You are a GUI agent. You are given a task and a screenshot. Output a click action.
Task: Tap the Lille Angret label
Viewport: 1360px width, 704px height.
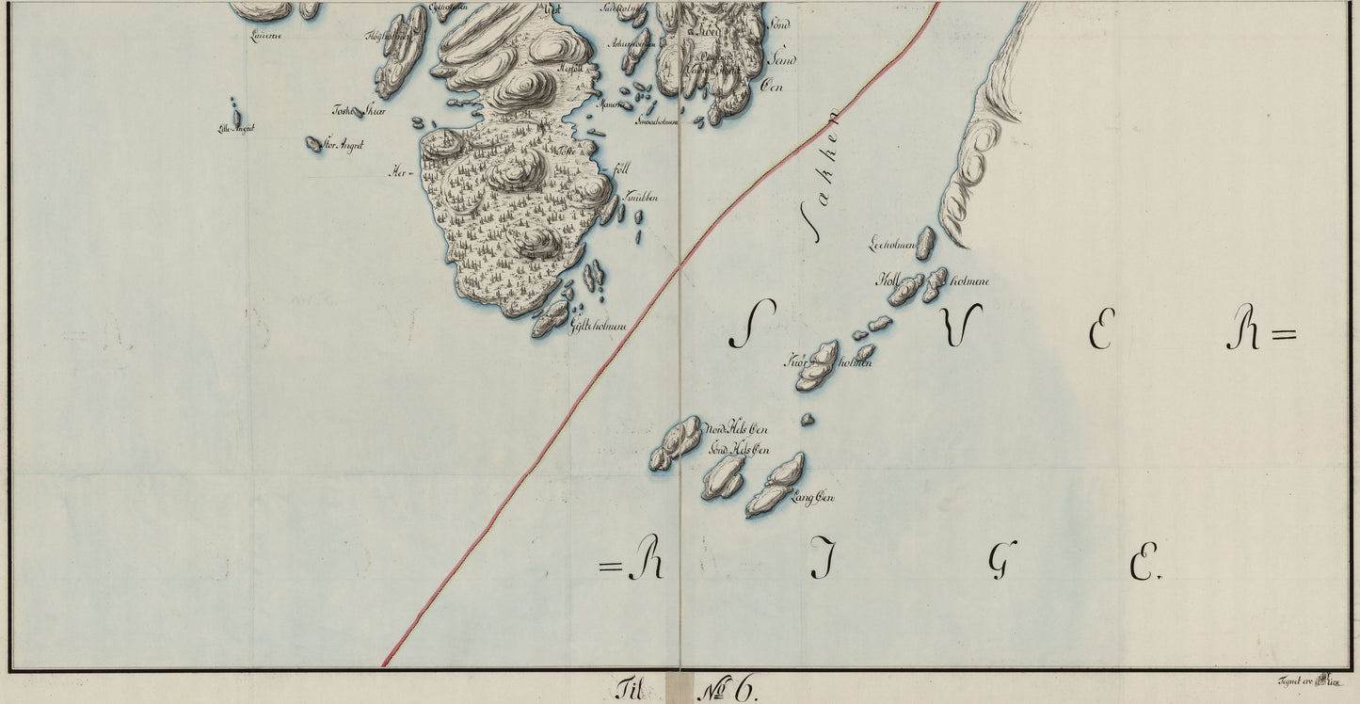tap(236, 129)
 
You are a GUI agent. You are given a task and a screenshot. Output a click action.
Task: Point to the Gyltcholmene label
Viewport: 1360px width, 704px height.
tap(599, 325)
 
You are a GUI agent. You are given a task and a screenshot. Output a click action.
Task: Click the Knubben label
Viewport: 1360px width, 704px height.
tap(641, 198)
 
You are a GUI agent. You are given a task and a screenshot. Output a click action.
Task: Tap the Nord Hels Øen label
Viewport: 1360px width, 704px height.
tap(737, 430)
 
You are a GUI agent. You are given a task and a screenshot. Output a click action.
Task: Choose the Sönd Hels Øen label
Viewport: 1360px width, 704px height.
tap(739, 450)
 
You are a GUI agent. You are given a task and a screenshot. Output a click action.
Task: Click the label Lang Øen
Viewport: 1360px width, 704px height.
tap(815, 498)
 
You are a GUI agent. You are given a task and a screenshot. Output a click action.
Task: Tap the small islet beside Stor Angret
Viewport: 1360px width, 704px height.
tap(313, 143)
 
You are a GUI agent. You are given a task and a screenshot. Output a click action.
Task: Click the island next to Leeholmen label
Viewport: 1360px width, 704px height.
tap(925, 242)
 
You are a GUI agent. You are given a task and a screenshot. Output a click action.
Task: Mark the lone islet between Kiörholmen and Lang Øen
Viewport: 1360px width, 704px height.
tap(807, 420)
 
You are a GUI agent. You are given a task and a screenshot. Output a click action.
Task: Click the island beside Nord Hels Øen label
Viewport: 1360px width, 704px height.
tap(677, 442)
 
